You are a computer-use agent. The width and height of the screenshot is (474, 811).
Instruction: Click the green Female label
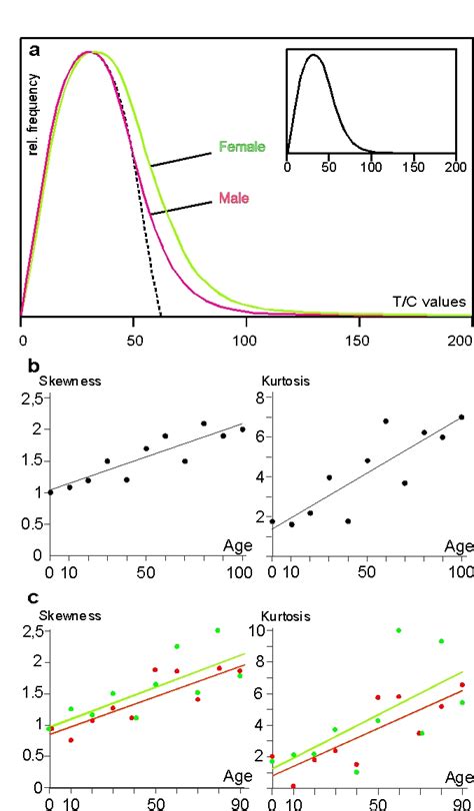pos(242,147)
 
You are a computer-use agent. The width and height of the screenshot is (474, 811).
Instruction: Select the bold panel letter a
pos(36,50)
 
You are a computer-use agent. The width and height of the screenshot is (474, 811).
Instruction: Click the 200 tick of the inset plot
pos(454,170)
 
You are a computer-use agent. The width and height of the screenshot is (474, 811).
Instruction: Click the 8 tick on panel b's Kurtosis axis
pos(258,399)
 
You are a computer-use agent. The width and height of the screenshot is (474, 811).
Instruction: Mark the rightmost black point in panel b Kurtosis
pos(461,416)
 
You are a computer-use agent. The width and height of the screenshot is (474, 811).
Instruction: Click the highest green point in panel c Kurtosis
pos(398,630)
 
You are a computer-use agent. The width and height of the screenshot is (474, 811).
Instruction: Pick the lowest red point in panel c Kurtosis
pos(293,786)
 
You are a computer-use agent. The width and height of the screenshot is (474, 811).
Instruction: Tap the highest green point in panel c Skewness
pos(217,630)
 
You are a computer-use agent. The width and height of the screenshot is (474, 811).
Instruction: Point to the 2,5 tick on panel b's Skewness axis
pos(32,399)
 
